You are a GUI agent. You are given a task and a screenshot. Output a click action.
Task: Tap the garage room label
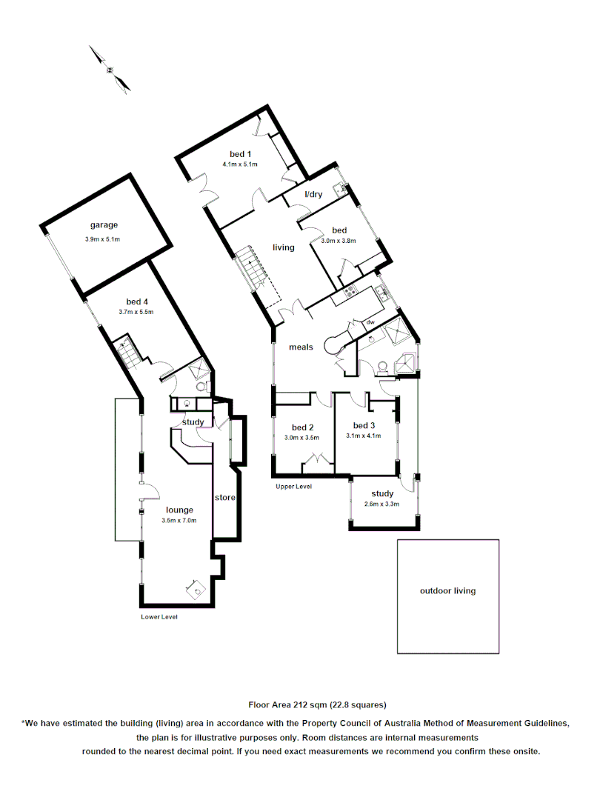click(x=104, y=225)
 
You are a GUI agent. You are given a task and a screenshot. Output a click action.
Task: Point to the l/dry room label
click(x=314, y=194)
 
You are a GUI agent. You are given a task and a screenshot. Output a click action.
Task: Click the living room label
click(x=283, y=247)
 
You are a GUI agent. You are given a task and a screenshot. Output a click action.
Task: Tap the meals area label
click(x=301, y=347)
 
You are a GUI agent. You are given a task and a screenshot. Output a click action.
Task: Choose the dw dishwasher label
click(x=370, y=322)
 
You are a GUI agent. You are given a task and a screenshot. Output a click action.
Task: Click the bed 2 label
click(x=302, y=427)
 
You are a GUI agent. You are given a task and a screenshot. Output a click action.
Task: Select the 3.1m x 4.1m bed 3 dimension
click(x=363, y=436)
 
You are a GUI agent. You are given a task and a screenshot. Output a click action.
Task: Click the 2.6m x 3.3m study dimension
click(x=382, y=504)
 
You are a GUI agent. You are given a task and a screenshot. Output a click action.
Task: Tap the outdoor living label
click(x=447, y=591)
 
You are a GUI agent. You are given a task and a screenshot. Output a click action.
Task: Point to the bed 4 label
click(x=137, y=301)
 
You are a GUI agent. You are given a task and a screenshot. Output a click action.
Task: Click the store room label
click(x=224, y=498)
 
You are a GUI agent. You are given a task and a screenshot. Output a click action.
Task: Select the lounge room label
click(x=179, y=510)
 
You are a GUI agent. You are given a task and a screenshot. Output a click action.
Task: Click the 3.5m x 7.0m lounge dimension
click(x=179, y=521)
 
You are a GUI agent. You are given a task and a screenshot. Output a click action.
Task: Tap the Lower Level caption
click(x=159, y=617)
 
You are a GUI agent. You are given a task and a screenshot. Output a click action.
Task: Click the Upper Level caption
click(x=293, y=487)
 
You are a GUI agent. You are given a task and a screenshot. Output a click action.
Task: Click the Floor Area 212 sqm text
click(x=317, y=704)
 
